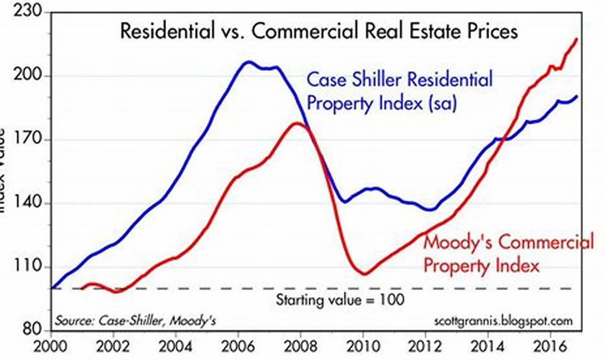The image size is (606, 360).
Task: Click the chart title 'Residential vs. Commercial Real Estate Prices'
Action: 319,32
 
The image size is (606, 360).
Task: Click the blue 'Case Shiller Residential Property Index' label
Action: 399,91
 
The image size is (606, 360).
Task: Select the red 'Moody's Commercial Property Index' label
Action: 508,254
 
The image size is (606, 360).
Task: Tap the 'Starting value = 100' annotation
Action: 340,300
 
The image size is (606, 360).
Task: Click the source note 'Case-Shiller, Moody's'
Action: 136,321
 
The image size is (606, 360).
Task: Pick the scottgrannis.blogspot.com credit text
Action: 503,321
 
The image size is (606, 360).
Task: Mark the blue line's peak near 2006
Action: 248,62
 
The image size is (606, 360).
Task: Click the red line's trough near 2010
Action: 364,274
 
